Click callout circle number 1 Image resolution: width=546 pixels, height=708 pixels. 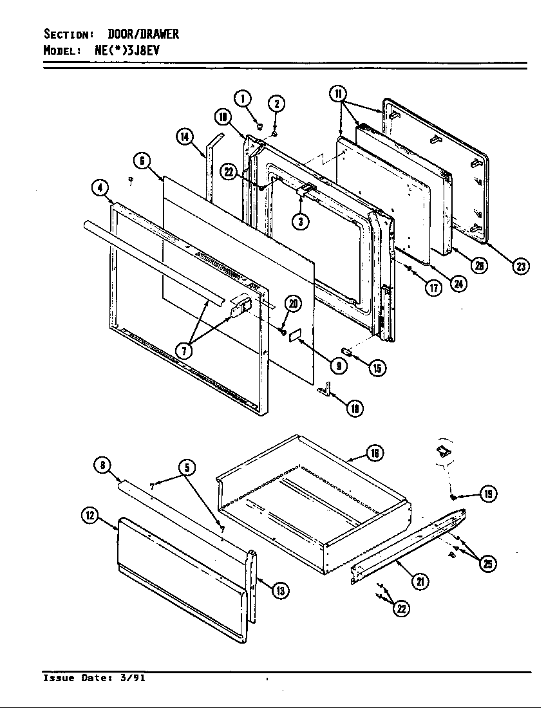coord(242,98)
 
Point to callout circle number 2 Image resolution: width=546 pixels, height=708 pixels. coord(276,103)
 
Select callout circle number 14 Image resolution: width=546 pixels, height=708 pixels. coord(185,136)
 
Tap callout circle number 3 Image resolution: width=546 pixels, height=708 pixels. coord(300,221)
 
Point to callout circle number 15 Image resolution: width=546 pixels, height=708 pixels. coord(377,368)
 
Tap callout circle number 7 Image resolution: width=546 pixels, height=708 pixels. coord(185,351)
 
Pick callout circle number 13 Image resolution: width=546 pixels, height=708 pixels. coord(279,590)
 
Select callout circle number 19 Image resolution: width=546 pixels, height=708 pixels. coord(488,494)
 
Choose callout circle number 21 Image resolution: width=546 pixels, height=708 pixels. coord(420,581)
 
